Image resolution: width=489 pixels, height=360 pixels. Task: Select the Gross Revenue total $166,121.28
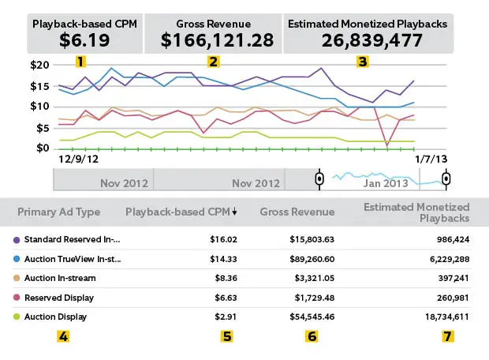tap(213, 38)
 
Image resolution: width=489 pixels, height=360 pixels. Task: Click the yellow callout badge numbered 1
tap(80, 61)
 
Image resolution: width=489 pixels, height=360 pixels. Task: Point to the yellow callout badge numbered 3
tap(362, 61)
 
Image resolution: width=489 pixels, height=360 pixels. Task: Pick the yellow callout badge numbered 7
tap(447, 336)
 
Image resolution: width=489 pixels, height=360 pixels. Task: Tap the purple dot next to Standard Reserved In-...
tap(17, 239)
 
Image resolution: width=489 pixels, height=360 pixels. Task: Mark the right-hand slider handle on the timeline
tap(447, 178)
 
